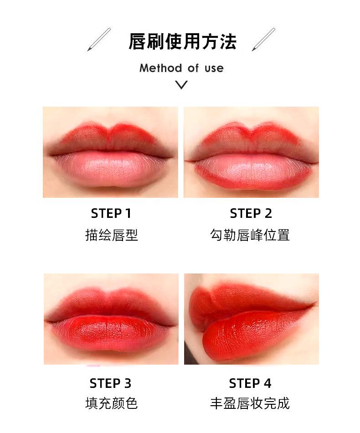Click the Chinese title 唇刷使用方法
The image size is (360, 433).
tap(182, 42)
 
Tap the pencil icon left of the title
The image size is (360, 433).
tap(99, 39)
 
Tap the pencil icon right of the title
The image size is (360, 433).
tap(263, 39)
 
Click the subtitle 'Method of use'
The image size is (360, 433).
tap(181, 68)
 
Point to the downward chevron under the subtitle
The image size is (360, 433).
tap(181, 84)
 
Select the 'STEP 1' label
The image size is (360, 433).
tap(111, 213)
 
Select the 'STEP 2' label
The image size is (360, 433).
tap(251, 213)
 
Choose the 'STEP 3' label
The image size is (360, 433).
tap(110, 383)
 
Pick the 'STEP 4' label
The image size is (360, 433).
tap(250, 383)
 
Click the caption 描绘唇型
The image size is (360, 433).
tap(112, 235)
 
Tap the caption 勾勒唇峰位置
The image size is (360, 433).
tap(250, 235)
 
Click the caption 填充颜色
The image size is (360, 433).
tap(112, 403)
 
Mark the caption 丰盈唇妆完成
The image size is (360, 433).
tap(250, 403)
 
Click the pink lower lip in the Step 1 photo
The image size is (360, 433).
tap(110, 170)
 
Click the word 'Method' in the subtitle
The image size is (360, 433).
tap(161, 68)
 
